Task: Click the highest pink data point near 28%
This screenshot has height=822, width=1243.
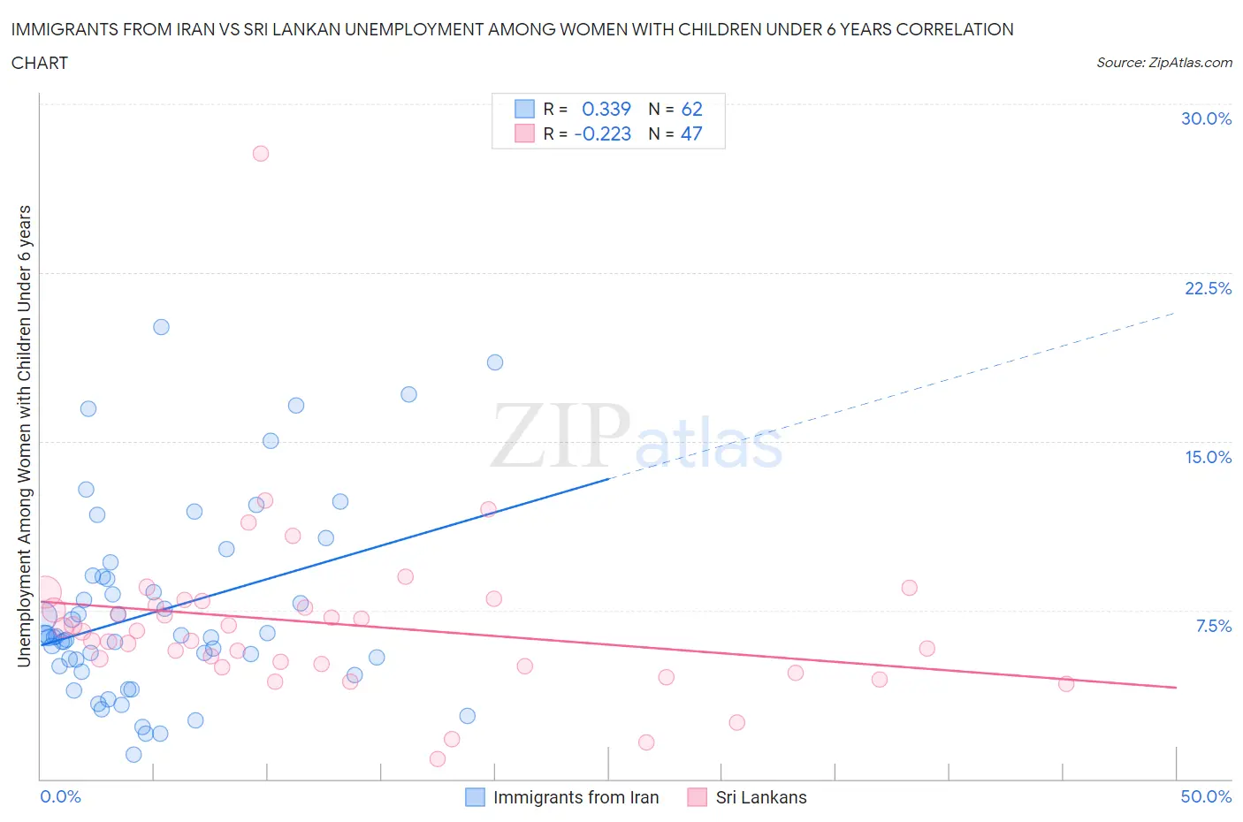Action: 260,153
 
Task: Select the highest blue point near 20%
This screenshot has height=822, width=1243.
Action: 161,327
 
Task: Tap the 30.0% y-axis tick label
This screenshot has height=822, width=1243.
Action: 1206,118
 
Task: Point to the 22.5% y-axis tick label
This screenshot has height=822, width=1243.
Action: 1208,288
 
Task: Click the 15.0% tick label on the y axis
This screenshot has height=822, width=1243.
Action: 1208,457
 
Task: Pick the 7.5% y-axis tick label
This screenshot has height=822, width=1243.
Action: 1213,626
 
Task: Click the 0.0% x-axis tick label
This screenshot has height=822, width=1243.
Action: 60,796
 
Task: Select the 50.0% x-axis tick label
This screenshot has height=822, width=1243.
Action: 1206,796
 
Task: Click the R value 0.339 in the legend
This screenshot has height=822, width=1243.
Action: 606,109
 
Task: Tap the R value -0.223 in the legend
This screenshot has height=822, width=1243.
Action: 602,133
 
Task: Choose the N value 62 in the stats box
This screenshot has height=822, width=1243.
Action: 691,109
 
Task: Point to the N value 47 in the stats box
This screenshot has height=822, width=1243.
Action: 691,133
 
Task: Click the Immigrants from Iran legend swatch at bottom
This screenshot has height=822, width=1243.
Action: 475,797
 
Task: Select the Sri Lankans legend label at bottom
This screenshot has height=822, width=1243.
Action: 761,797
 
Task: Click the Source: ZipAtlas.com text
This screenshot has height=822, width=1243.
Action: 1163,63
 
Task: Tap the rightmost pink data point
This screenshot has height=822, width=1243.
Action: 1066,683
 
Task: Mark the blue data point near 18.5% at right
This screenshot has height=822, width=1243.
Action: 495,362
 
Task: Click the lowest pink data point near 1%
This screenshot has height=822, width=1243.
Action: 437,758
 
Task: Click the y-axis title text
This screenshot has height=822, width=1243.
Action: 24,436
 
